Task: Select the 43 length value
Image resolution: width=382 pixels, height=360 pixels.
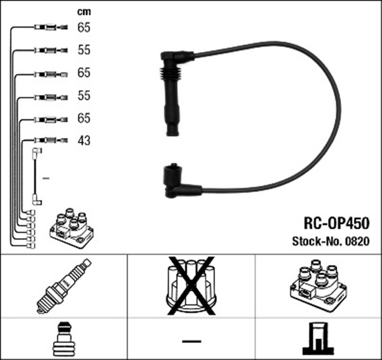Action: pyautogui.click(x=84, y=141)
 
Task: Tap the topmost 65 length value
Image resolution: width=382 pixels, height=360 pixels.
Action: pyautogui.click(x=84, y=27)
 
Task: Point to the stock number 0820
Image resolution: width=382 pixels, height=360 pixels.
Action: pyautogui.click(x=359, y=242)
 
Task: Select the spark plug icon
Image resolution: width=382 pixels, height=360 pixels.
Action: pyautogui.click(x=63, y=286)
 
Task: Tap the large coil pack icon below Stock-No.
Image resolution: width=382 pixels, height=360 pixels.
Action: pyautogui.click(x=318, y=286)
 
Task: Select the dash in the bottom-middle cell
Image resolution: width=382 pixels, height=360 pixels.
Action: pyautogui.click(x=191, y=341)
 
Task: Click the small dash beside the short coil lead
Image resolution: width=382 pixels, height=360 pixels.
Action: pyautogui.click(x=47, y=178)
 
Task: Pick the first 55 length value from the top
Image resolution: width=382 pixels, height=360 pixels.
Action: pyautogui.click(x=84, y=50)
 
